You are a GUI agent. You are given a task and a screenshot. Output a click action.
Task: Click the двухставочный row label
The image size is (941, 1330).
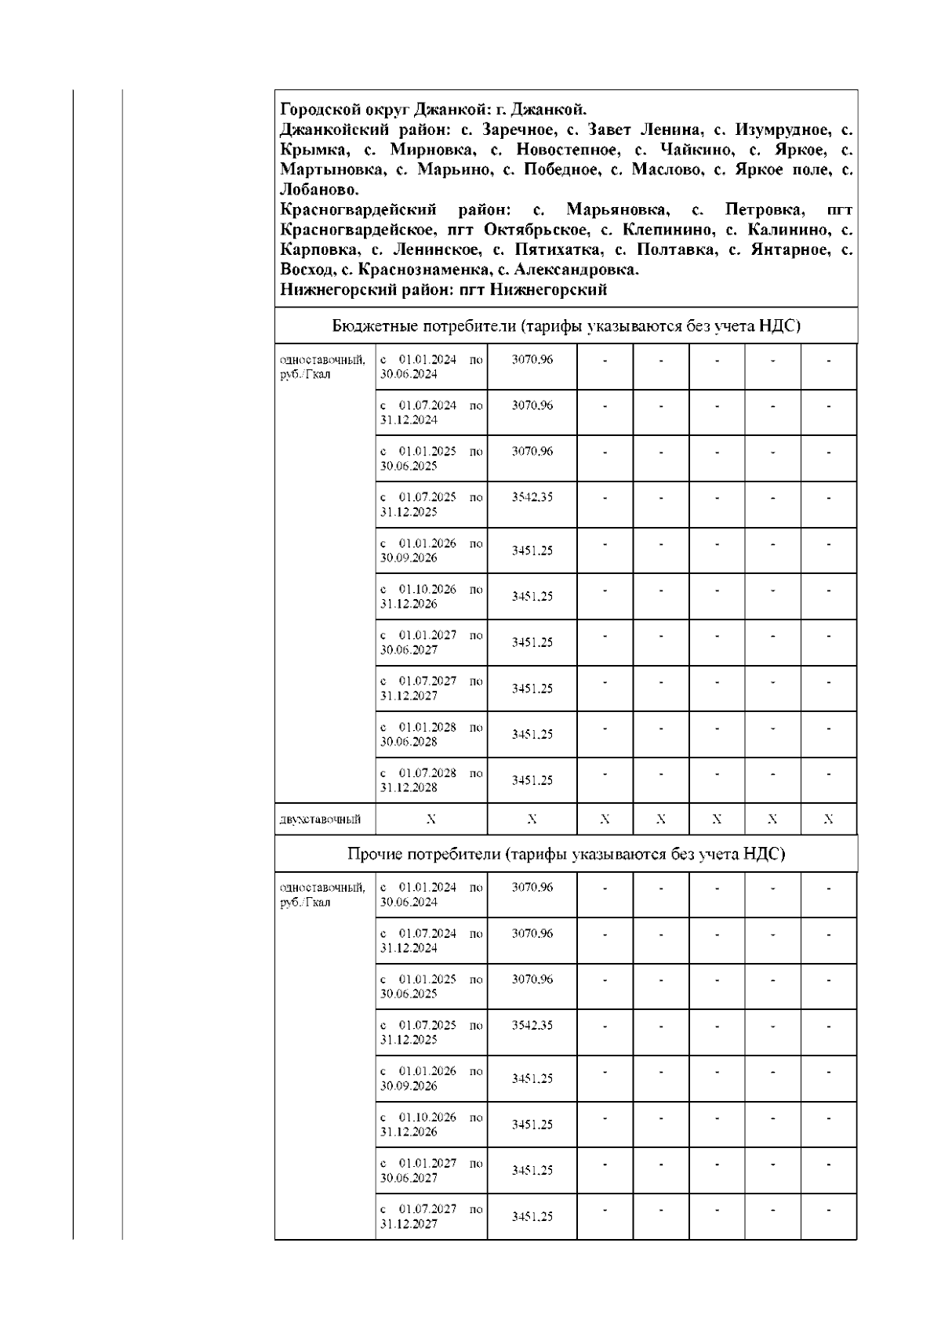(320, 820)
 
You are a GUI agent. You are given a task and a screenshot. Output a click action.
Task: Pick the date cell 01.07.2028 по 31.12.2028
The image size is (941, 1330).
(431, 780)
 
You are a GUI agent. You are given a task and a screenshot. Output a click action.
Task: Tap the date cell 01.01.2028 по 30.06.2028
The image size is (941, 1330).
(431, 734)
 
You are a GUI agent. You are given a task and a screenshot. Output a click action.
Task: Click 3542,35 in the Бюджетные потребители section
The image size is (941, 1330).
(532, 497)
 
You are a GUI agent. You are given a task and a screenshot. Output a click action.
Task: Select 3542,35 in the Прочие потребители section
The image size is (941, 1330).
(532, 1025)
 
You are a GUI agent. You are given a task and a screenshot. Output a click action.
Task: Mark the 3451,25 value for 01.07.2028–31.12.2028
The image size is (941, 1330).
(532, 780)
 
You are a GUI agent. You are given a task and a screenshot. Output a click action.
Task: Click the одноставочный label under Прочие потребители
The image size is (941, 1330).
(322, 895)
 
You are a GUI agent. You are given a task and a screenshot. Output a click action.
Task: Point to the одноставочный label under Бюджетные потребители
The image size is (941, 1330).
(322, 367)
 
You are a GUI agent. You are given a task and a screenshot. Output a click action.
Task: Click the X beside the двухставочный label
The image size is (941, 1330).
(431, 819)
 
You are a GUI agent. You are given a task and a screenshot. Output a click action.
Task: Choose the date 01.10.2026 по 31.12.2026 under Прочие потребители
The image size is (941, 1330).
(431, 1125)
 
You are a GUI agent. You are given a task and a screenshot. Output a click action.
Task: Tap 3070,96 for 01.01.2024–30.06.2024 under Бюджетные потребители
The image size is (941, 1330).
(532, 360)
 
